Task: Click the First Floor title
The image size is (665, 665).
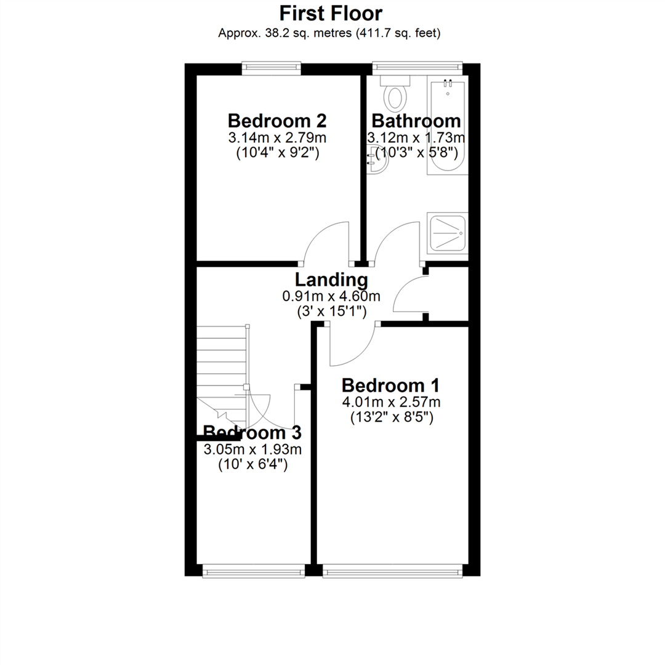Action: [331, 13]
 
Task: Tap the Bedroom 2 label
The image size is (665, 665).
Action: [276, 120]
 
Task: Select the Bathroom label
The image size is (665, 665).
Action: [416, 121]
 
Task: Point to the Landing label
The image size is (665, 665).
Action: [331, 281]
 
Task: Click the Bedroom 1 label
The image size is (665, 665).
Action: [391, 386]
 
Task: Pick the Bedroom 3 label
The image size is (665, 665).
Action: [252, 432]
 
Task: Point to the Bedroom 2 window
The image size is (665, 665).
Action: [272, 68]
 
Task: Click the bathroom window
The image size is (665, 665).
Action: [417, 68]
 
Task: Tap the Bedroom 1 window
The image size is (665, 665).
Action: [391, 572]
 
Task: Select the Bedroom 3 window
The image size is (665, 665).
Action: [254, 572]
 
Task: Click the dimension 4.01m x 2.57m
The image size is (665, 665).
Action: [391, 403]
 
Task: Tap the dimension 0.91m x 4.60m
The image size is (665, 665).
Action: [331, 296]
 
